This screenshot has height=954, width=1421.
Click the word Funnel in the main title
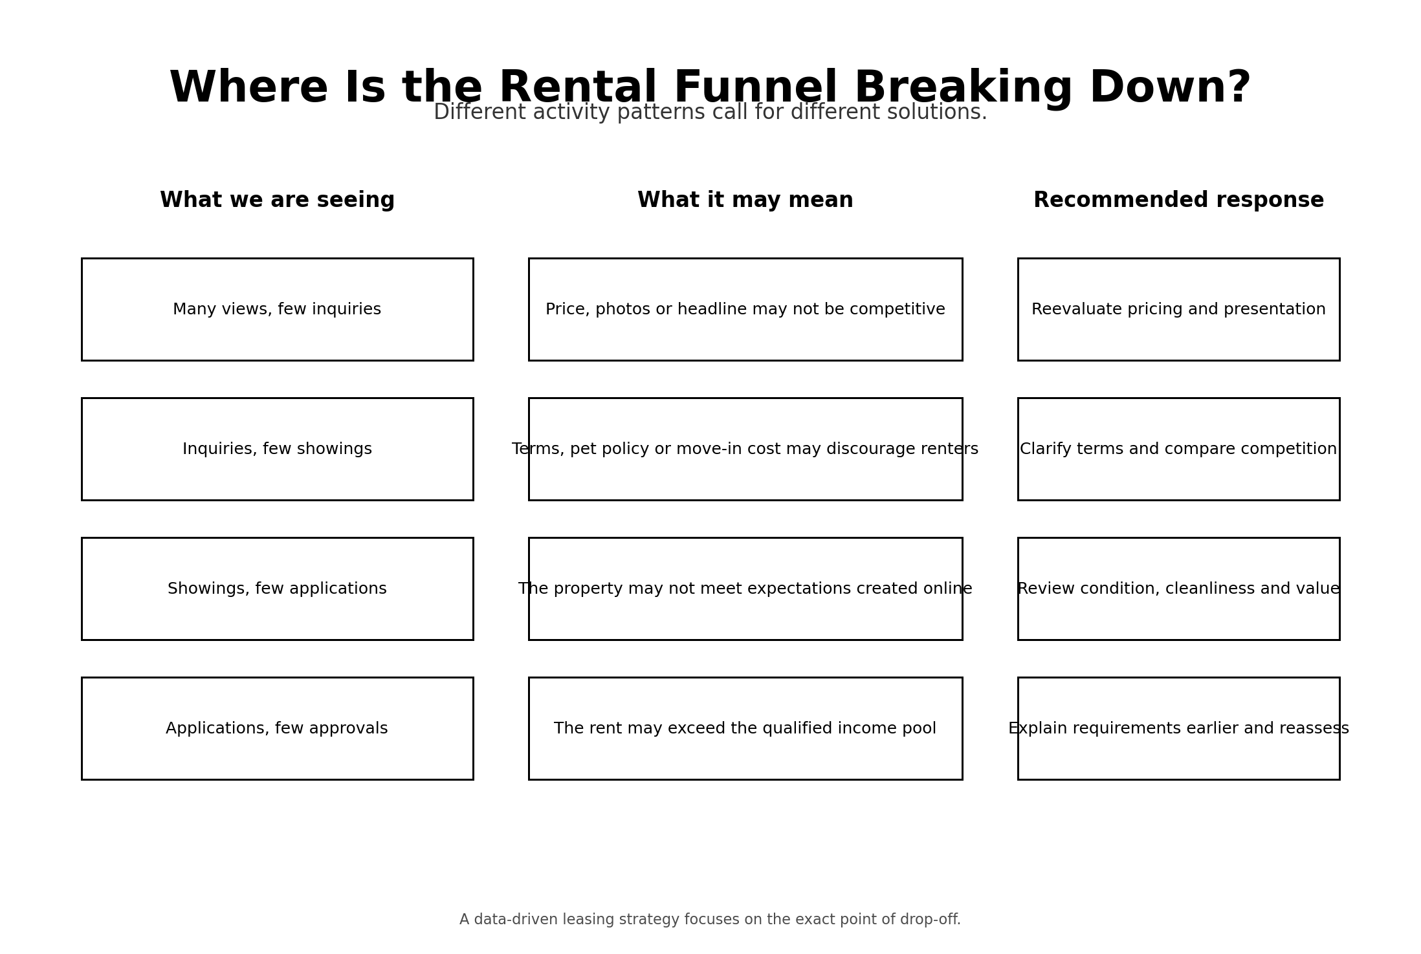tap(755, 87)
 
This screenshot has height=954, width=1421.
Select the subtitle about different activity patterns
tap(710, 113)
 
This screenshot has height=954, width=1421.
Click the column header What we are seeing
tap(277, 201)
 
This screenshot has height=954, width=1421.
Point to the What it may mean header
tap(745, 201)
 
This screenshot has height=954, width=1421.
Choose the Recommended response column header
tap(1178, 201)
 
